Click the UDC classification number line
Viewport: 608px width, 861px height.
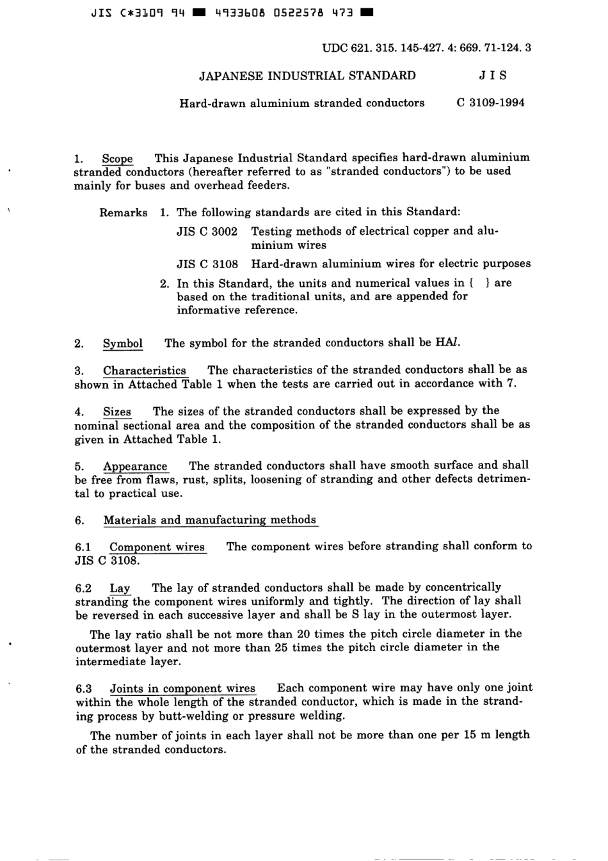click(x=427, y=47)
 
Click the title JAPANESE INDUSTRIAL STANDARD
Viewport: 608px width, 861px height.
click(x=307, y=76)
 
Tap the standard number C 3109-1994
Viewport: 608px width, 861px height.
click(x=491, y=102)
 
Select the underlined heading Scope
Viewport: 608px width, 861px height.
click(x=117, y=158)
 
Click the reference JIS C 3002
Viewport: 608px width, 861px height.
click(x=207, y=231)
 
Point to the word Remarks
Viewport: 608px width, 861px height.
click(x=123, y=213)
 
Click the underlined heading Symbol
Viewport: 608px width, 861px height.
click(x=123, y=343)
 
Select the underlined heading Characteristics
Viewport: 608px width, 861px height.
click(x=145, y=370)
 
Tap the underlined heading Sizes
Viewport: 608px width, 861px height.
click(x=117, y=411)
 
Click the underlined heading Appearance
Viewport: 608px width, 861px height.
click(x=135, y=466)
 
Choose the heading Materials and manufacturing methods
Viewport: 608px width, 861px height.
click(x=210, y=520)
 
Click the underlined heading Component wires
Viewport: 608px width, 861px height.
click(x=157, y=547)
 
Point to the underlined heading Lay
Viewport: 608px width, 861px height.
click(x=120, y=588)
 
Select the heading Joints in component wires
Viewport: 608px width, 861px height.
click(x=182, y=688)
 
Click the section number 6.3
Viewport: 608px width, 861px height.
click(x=84, y=689)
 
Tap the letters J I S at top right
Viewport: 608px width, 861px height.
click(x=493, y=76)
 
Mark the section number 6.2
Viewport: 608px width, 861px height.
click(x=83, y=588)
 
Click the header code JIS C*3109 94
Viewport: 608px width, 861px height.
click(x=138, y=12)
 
